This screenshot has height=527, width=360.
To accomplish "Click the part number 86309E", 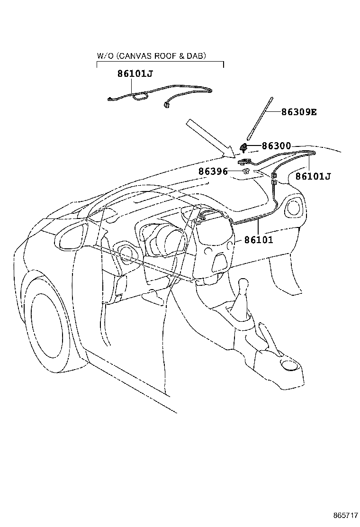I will tap(298, 113).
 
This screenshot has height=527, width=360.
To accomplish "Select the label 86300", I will tap(276, 146).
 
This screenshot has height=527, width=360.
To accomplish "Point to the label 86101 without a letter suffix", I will tap(259, 240).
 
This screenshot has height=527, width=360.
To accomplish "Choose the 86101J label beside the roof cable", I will tap(313, 176).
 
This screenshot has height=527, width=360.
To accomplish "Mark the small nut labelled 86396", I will tap(246, 171).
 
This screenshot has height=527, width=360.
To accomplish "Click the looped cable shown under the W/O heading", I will tap(140, 98).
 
